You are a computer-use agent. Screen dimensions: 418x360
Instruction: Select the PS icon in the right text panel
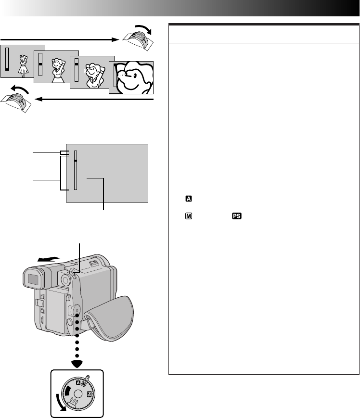click(x=236, y=216)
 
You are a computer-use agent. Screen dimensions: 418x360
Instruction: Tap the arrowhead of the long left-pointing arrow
click(x=38, y=100)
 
